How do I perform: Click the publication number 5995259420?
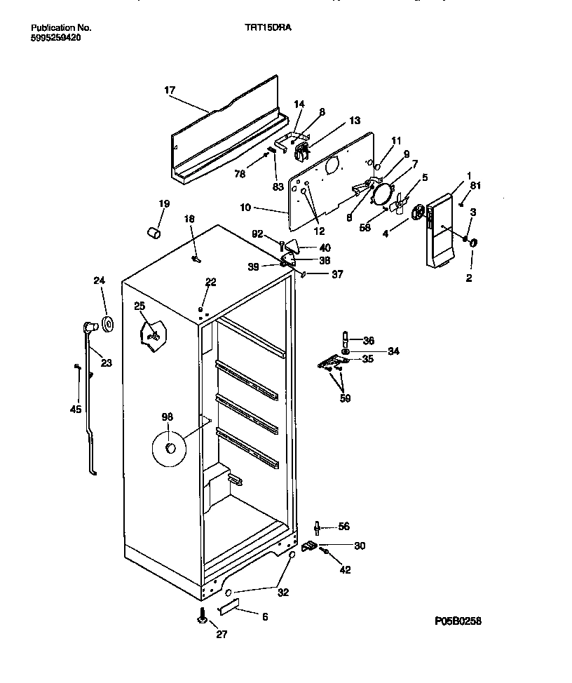pos(56,38)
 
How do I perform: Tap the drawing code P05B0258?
pos(458,621)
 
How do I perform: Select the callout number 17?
pos(170,90)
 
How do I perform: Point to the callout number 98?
pos(167,417)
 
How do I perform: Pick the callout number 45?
pos(76,410)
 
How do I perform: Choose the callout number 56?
pos(343,527)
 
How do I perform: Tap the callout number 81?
pos(476,185)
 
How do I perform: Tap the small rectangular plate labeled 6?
pos(230,605)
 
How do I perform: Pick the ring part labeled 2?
pos(472,243)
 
